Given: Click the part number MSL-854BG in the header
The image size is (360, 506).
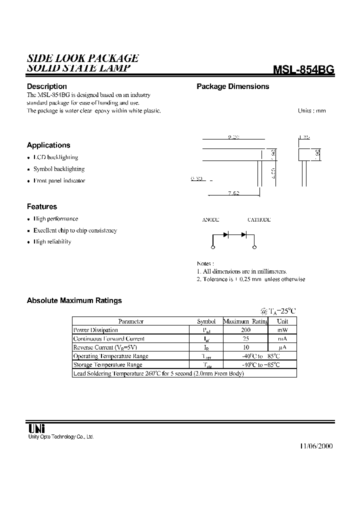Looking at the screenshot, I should click(x=303, y=70).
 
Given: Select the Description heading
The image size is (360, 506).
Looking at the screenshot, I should click(x=46, y=86).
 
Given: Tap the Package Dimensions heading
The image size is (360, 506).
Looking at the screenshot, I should click(x=232, y=86).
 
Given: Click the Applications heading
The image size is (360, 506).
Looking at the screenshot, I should click(x=48, y=145).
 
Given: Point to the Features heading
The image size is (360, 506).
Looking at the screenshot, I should click(x=42, y=206).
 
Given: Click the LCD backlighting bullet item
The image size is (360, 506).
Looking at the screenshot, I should click(x=55, y=157).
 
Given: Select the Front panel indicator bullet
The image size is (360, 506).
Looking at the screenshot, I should click(x=59, y=180).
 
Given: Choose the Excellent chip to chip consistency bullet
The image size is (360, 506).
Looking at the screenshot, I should click(x=75, y=230).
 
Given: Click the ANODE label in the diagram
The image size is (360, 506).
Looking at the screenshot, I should click(x=210, y=220).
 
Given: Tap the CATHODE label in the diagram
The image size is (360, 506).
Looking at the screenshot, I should click(x=259, y=220).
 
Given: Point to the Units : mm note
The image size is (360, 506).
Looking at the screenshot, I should click(x=311, y=110).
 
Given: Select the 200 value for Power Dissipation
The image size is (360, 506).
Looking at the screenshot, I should click(x=245, y=330).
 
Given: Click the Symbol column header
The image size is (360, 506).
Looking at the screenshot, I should click(x=206, y=321).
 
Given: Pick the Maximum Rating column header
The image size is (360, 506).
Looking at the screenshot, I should click(x=245, y=321).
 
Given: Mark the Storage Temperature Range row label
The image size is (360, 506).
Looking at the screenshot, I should click(x=107, y=364).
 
